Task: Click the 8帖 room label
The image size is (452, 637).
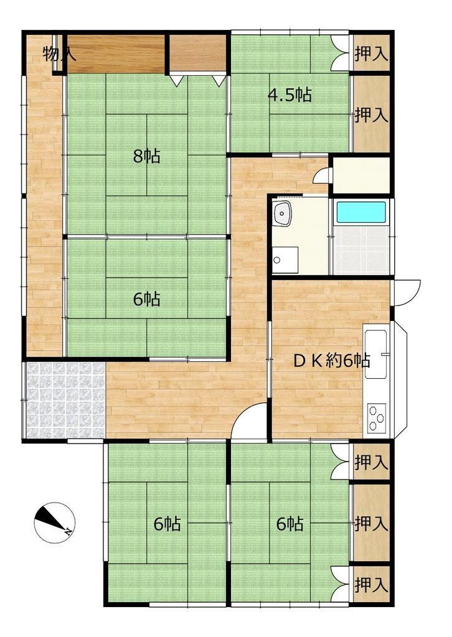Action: click(147, 156)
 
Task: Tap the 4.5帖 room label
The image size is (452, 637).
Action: click(290, 95)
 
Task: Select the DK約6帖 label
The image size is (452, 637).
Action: click(331, 360)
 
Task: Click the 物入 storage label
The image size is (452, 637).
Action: click(55, 54)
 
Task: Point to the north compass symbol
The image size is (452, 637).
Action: click(54, 523)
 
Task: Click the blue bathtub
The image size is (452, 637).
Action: click(361, 212)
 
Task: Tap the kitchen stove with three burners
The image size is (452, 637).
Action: click(377, 417)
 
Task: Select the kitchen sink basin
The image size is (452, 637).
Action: click(376, 353)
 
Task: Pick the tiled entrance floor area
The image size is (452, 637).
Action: click(65, 400)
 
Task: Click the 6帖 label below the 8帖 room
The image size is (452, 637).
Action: click(147, 300)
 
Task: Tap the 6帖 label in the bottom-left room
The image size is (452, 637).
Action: click(167, 524)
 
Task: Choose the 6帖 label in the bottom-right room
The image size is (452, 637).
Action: click(290, 524)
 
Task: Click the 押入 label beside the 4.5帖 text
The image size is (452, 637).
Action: click(372, 115)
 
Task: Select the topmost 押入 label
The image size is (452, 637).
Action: click(372, 54)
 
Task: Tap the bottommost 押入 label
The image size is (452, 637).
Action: click(372, 585)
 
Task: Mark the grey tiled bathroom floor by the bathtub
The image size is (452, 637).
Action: click(361, 249)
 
